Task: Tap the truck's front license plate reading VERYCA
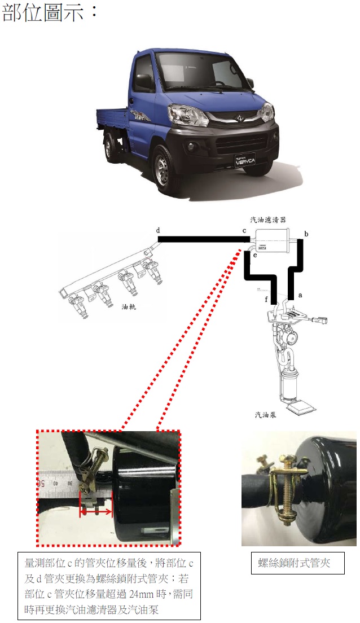tap(245, 160)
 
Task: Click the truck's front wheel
tap(163, 171)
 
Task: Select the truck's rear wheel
tap(108, 148)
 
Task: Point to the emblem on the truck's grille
tap(239, 117)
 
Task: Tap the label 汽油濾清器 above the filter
tap(268, 220)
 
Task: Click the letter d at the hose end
tap(158, 230)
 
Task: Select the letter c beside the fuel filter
tap(244, 231)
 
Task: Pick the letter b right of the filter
tap(306, 234)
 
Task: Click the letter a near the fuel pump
tap(300, 295)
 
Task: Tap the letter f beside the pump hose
tap(266, 299)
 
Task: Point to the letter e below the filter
tap(254, 255)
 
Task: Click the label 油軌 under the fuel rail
tap(129, 307)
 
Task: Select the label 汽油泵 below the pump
tap(265, 415)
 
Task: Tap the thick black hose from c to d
tap(204, 239)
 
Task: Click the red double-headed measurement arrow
tap(96, 512)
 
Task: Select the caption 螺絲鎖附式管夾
tap(294, 563)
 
